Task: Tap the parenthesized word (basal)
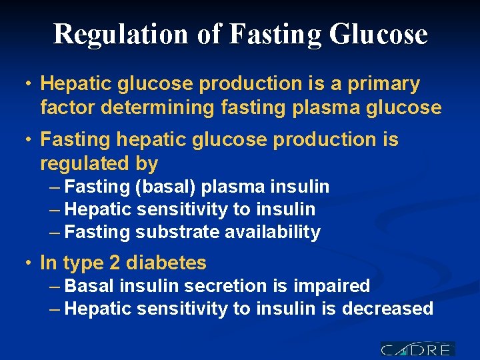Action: (x=164, y=187)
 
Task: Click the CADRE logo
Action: (x=417, y=349)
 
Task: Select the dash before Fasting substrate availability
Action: (x=56, y=233)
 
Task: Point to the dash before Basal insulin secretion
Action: (x=56, y=287)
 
